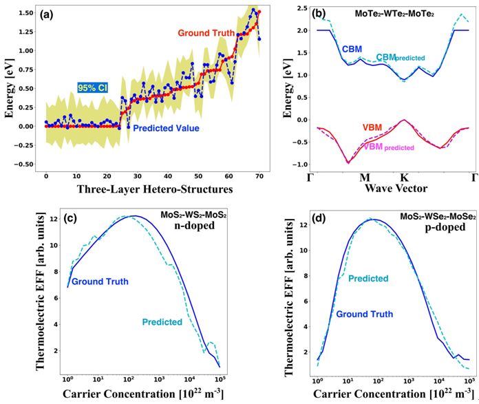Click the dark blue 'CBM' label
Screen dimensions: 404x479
pyautogui.click(x=352, y=49)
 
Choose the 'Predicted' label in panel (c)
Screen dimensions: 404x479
pyautogui.click(x=162, y=321)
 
